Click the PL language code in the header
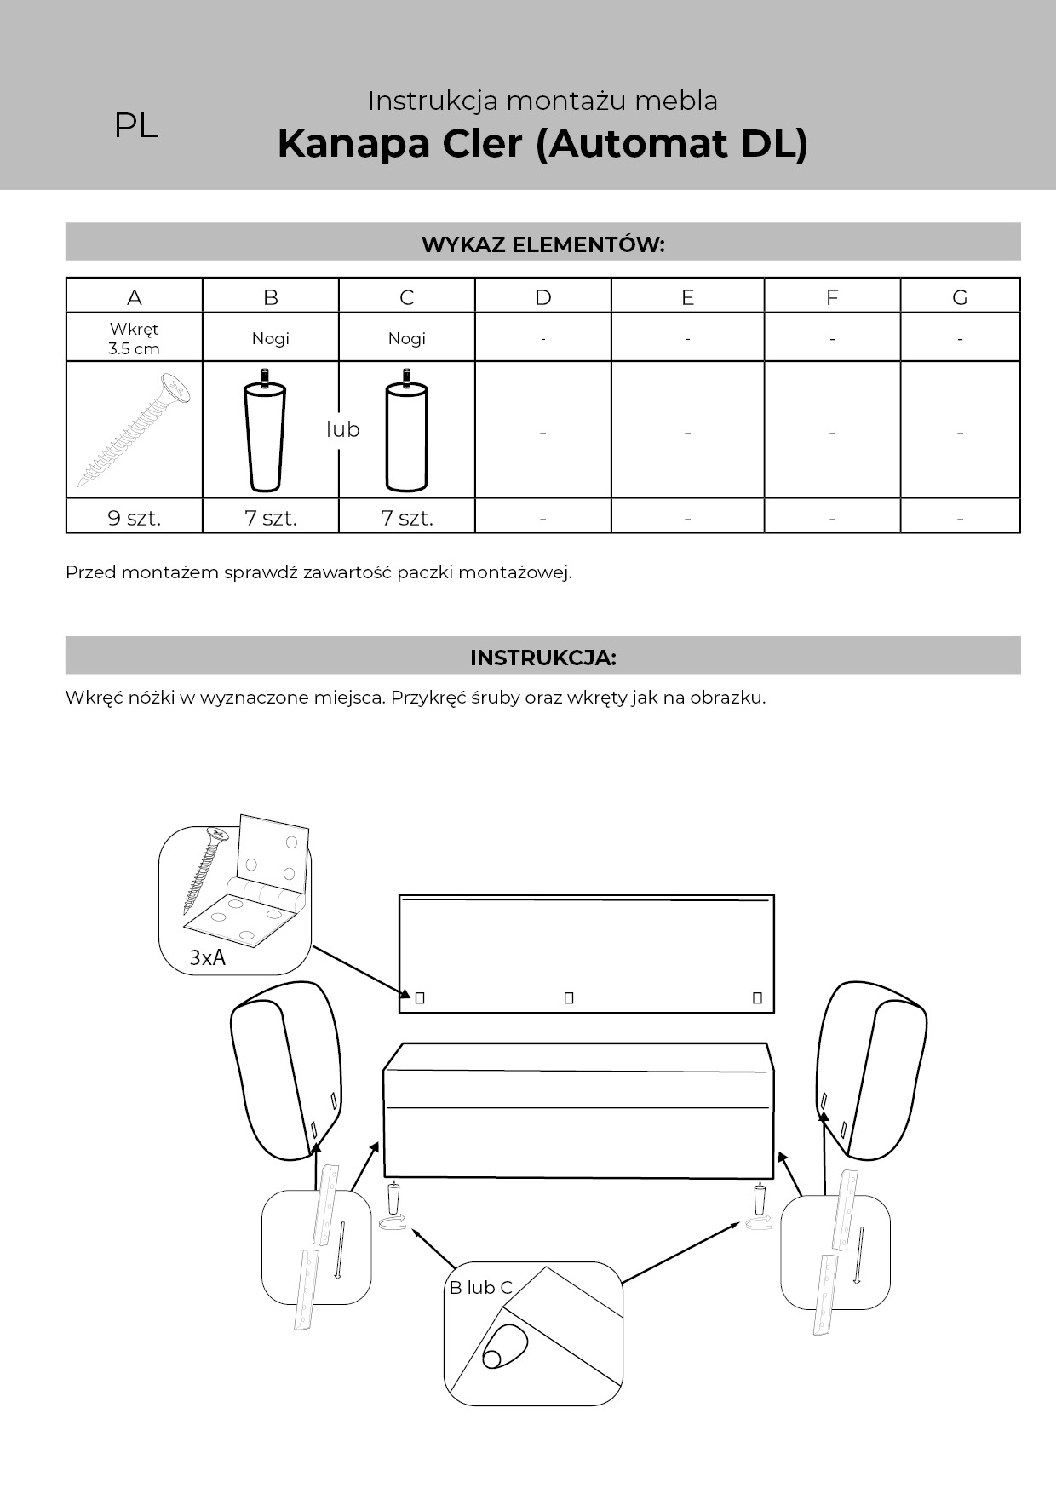(x=136, y=126)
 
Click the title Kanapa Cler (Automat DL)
(x=542, y=143)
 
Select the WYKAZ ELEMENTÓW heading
(x=542, y=244)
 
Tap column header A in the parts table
(x=135, y=297)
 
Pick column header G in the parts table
(x=960, y=297)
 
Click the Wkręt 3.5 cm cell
(x=134, y=338)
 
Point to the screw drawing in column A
(x=133, y=429)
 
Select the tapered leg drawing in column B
(x=265, y=430)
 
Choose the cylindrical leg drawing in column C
(x=406, y=430)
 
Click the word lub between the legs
(x=343, y=429)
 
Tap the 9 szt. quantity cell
(x=135, y=518)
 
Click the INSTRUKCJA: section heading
(x=542, y=658)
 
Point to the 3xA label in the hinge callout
(x=208, y=957)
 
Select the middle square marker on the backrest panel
(x=569, y=997)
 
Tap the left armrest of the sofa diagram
(x=286, y=1070)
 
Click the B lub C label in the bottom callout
(x=481, y=1288)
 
